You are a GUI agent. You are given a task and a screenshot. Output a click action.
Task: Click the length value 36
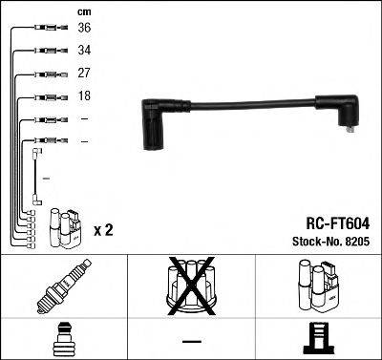(85, 28)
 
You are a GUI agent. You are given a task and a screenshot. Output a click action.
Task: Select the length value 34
(85, 50)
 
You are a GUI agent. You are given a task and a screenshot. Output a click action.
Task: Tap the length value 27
(85, 73)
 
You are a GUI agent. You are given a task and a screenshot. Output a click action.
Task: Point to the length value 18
(85, 95)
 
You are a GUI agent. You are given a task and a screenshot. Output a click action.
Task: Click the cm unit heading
(84, 10)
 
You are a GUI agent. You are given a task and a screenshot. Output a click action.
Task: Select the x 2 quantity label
(104, 230)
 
